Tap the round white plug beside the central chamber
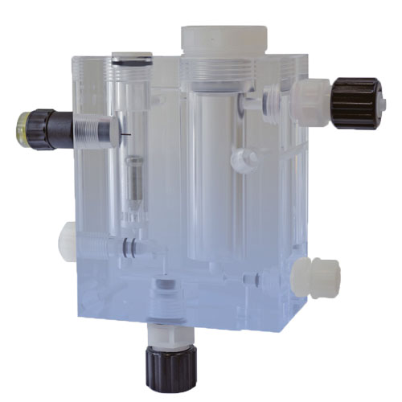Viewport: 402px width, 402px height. click(x=239, y=159)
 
